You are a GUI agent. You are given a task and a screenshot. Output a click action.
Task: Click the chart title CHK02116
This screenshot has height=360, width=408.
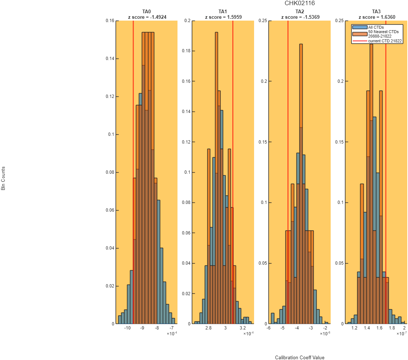pos(299,3)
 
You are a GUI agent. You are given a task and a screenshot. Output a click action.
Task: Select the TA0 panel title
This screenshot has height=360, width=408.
pos(147,11)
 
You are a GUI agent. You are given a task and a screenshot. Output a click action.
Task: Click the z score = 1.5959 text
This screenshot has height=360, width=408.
pos(223,17)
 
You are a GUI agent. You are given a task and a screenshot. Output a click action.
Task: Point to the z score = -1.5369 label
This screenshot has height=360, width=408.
pos(300,17)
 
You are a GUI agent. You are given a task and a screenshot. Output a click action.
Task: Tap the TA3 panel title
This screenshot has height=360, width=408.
pos(376,11)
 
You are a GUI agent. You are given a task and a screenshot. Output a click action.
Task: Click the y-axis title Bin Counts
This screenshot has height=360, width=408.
pos(3,179)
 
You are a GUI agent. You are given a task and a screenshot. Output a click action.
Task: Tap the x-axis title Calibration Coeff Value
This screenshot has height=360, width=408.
pos(300,358)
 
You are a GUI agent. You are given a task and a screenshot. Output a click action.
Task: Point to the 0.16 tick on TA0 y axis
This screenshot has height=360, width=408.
pos(110,21)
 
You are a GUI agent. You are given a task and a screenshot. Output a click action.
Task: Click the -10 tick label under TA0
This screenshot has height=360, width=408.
pos(127,328)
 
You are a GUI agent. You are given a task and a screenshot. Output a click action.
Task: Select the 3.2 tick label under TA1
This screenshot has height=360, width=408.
pos(243,328)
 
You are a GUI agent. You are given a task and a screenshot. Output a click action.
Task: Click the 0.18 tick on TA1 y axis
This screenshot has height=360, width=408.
pos(186,51)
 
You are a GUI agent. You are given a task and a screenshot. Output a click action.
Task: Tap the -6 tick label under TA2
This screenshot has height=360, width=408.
pos(268,328)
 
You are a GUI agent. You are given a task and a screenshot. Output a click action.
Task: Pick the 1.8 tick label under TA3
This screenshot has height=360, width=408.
pos(392,328)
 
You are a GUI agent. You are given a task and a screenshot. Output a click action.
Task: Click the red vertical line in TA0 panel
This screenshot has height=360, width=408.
pos(133,172)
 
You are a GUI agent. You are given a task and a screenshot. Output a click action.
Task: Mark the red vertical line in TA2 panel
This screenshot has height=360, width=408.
pos(288,172)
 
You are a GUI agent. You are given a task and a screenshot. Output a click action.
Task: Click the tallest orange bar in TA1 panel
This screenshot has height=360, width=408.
pos(217,178)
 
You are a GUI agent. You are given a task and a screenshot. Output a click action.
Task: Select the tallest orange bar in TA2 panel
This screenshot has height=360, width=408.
pos(301,184)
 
